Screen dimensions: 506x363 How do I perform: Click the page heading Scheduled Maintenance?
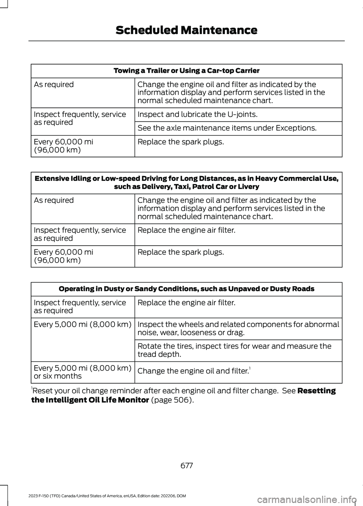pos(186,30)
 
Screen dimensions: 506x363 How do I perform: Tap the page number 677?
pos(186,466)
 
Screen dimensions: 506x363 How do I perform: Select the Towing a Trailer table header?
pos(186,71)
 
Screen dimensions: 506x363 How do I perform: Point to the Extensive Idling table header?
pos(186,182)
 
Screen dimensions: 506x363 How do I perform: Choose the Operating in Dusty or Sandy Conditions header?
pos(186,289)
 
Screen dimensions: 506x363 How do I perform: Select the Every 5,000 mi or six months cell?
pos(82,372)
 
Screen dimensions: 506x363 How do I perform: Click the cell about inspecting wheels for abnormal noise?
pos(238,329)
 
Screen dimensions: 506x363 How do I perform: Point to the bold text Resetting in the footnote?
pos(316,391)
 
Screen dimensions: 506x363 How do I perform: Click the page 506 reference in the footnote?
pos(172,400)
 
